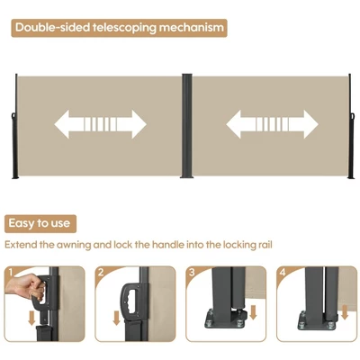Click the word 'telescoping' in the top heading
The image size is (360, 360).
124,28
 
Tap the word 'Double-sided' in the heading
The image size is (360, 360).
52,27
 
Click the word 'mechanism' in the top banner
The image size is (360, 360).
191,28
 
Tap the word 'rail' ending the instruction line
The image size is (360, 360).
265,245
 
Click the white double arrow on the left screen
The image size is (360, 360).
100,124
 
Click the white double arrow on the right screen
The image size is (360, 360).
272,124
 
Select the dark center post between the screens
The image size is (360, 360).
186,126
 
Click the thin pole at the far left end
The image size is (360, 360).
16,126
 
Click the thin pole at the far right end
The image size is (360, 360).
350,126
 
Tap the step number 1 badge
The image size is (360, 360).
11,273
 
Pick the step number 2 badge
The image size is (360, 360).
101,273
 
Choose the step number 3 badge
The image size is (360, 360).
192,273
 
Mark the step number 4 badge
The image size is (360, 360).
283,273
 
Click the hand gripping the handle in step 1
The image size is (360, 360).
25,287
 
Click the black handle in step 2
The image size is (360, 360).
130,302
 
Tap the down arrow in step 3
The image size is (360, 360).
253,312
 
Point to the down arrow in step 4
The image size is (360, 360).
345,312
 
